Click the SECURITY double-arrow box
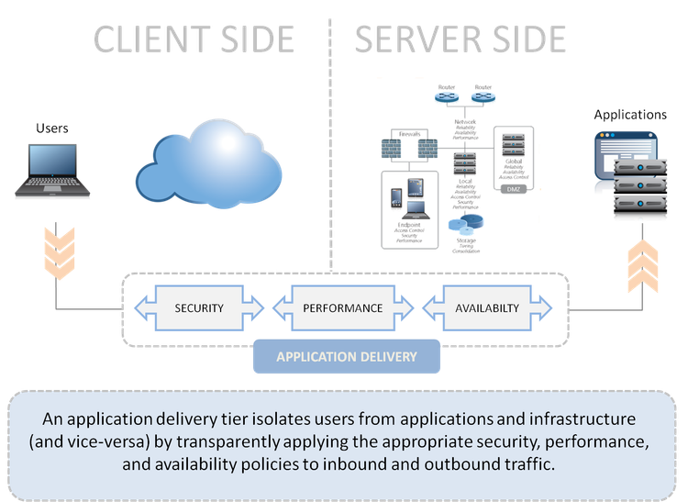pyautogui.click(x=199, y=307)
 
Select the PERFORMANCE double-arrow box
pyautogui.click(x=343, y=307)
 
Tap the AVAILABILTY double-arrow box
pyautogui.click(x=486, y=307)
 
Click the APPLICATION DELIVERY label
pyautogui.click(x=347, y=357)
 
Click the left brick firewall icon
pyautogui.click(x=395, y=149)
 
